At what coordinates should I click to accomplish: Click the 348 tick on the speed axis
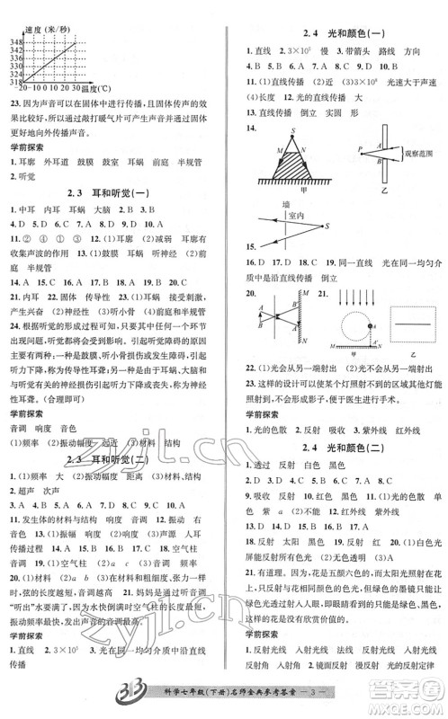pos(15,41)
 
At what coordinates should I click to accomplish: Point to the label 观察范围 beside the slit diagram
pos(413,154)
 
